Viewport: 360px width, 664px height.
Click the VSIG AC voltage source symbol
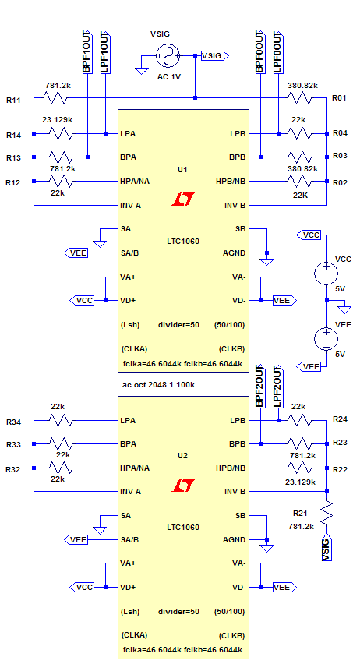point(168,55)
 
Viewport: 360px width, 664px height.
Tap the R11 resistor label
point(13,101)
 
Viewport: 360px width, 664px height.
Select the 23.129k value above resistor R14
point(57,120)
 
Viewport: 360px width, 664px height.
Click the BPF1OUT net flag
point(87,51)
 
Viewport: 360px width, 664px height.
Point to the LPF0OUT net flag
point(278,51)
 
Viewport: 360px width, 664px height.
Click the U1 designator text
point(182,169)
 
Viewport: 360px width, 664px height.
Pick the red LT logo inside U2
point(183,486)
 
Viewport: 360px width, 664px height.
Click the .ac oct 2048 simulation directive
point(157,385)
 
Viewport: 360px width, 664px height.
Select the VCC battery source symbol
point(326,272)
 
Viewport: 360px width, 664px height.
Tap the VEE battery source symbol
point(326,339)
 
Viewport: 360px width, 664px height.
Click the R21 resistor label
point(300,514)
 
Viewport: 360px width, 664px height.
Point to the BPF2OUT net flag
point(260,386)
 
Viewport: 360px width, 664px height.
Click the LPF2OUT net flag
point(278,386)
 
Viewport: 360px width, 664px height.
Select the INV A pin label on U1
point(131,206)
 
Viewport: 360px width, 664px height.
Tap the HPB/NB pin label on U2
point(231,468)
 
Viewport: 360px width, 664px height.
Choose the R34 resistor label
point(13,422)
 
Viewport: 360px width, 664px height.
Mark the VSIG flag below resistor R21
point(326,549)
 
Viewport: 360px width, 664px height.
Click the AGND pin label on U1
point(235,253)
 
